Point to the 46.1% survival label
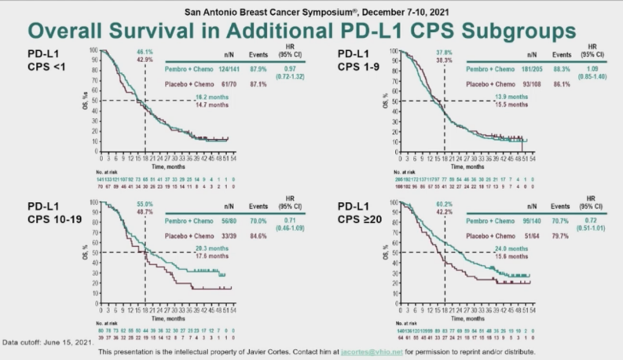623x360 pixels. (145, 51)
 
